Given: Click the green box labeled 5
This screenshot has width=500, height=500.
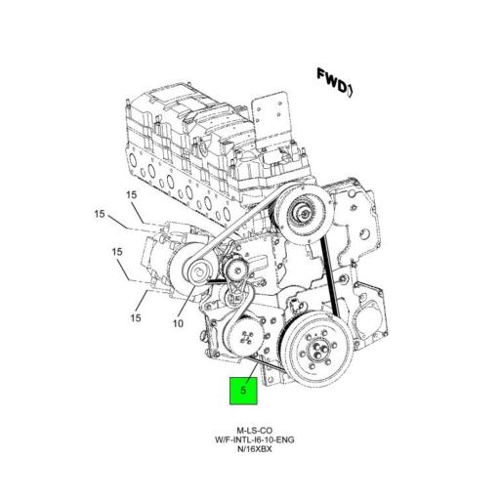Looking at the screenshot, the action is click(243, 391).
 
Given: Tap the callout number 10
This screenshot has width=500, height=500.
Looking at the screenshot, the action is click(178, 323).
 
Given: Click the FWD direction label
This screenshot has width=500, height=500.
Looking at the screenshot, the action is click(334, 83).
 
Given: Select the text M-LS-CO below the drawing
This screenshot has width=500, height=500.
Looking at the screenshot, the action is click(255, 431).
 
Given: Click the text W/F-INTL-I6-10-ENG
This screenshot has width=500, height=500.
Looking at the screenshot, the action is click(255, 439).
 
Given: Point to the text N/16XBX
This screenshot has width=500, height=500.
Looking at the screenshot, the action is click(255, 449).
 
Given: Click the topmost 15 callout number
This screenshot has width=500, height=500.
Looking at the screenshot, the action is click(132, 195).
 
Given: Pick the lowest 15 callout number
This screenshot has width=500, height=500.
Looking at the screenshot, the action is click(136, 318).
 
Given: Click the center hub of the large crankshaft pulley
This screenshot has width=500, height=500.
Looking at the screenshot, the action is click(316, 348).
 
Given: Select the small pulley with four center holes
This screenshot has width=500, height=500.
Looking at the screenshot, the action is click(246, 338).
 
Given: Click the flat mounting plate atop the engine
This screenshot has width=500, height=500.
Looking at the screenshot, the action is click(271, 121).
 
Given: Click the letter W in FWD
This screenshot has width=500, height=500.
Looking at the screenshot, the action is click(332, 81).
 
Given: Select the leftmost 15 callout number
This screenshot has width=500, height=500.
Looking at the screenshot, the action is click(100, 214).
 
